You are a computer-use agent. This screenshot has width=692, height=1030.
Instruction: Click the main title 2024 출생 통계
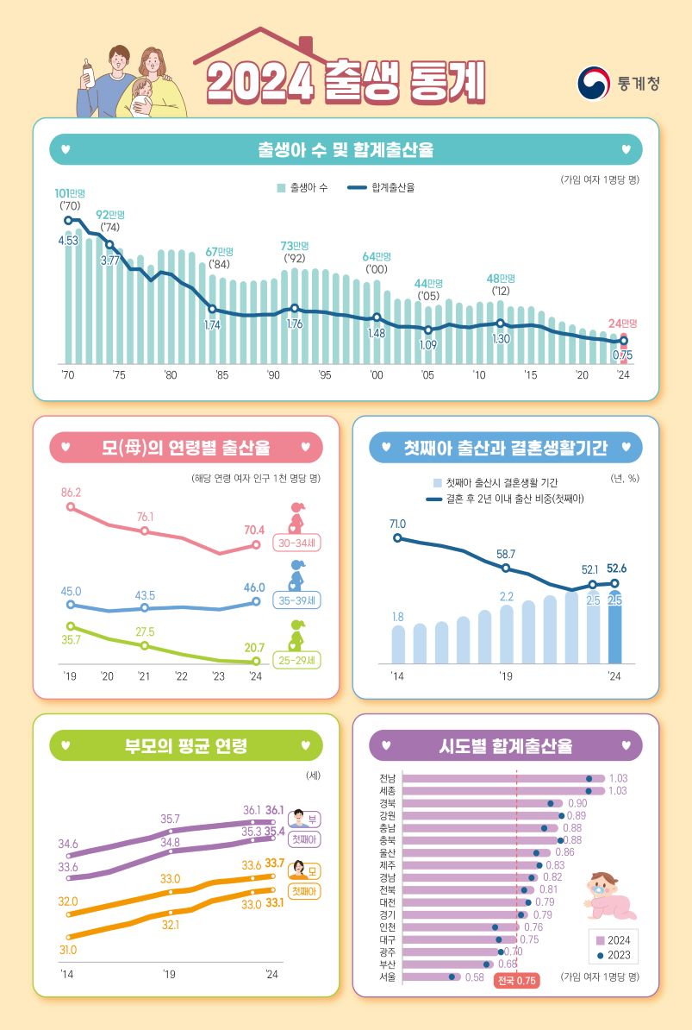coord(346,83)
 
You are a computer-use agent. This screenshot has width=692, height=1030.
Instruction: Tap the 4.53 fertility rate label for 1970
coord(68,240)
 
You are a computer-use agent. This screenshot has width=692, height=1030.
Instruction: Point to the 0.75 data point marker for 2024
coord(624,342)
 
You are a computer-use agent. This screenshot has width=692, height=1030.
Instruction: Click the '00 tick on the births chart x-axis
coord(377,375)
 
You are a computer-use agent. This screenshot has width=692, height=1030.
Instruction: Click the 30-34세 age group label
coord(296,543)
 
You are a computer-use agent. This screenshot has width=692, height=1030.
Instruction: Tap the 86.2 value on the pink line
coord(71,492)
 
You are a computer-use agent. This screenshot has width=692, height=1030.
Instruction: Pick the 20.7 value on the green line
coord(254,647)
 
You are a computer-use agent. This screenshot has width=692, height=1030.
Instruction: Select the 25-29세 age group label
coord(296,661)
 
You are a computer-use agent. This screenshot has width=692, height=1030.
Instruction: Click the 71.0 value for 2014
coord(397,524)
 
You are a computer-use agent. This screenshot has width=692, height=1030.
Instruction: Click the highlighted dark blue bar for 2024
coord(614,630)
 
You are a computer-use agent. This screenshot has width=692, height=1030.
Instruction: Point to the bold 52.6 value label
coord(616,568)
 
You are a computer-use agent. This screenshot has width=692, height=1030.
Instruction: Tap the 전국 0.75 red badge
coord(516,980)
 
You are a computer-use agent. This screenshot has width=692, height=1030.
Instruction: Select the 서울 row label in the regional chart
coord(387,977)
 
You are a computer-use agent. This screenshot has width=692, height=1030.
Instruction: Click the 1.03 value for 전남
coord(617,777)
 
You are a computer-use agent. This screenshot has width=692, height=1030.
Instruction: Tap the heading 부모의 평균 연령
coord(186,745)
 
